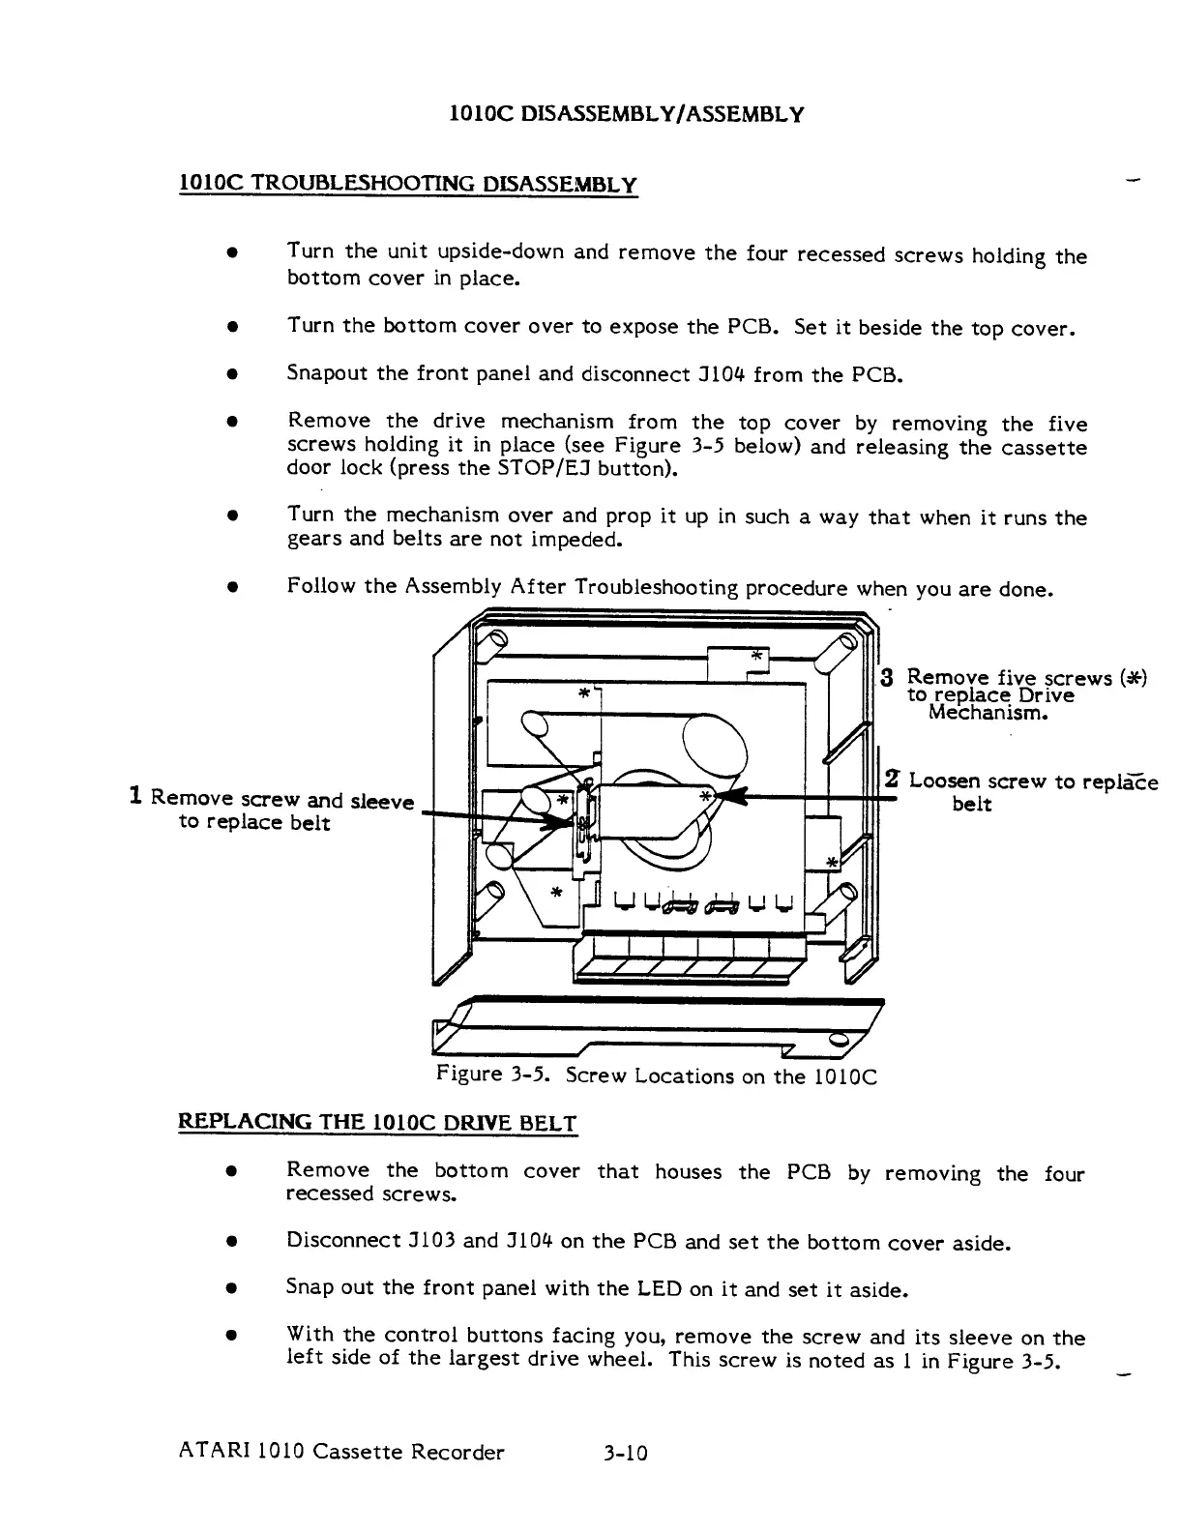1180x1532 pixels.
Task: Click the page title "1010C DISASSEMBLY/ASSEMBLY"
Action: pyautogui.click(x=628, y=115)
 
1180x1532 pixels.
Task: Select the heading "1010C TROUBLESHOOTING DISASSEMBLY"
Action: pyautogui.click(x=408, y=184)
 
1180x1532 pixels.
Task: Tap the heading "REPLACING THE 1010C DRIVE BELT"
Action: pyautogui.click(x=378, y=1123)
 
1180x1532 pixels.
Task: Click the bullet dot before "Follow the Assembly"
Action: pyautogui.click(x=232, y=587)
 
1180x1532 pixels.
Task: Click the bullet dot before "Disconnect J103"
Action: pyautogui.click(x=232, y=1241)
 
